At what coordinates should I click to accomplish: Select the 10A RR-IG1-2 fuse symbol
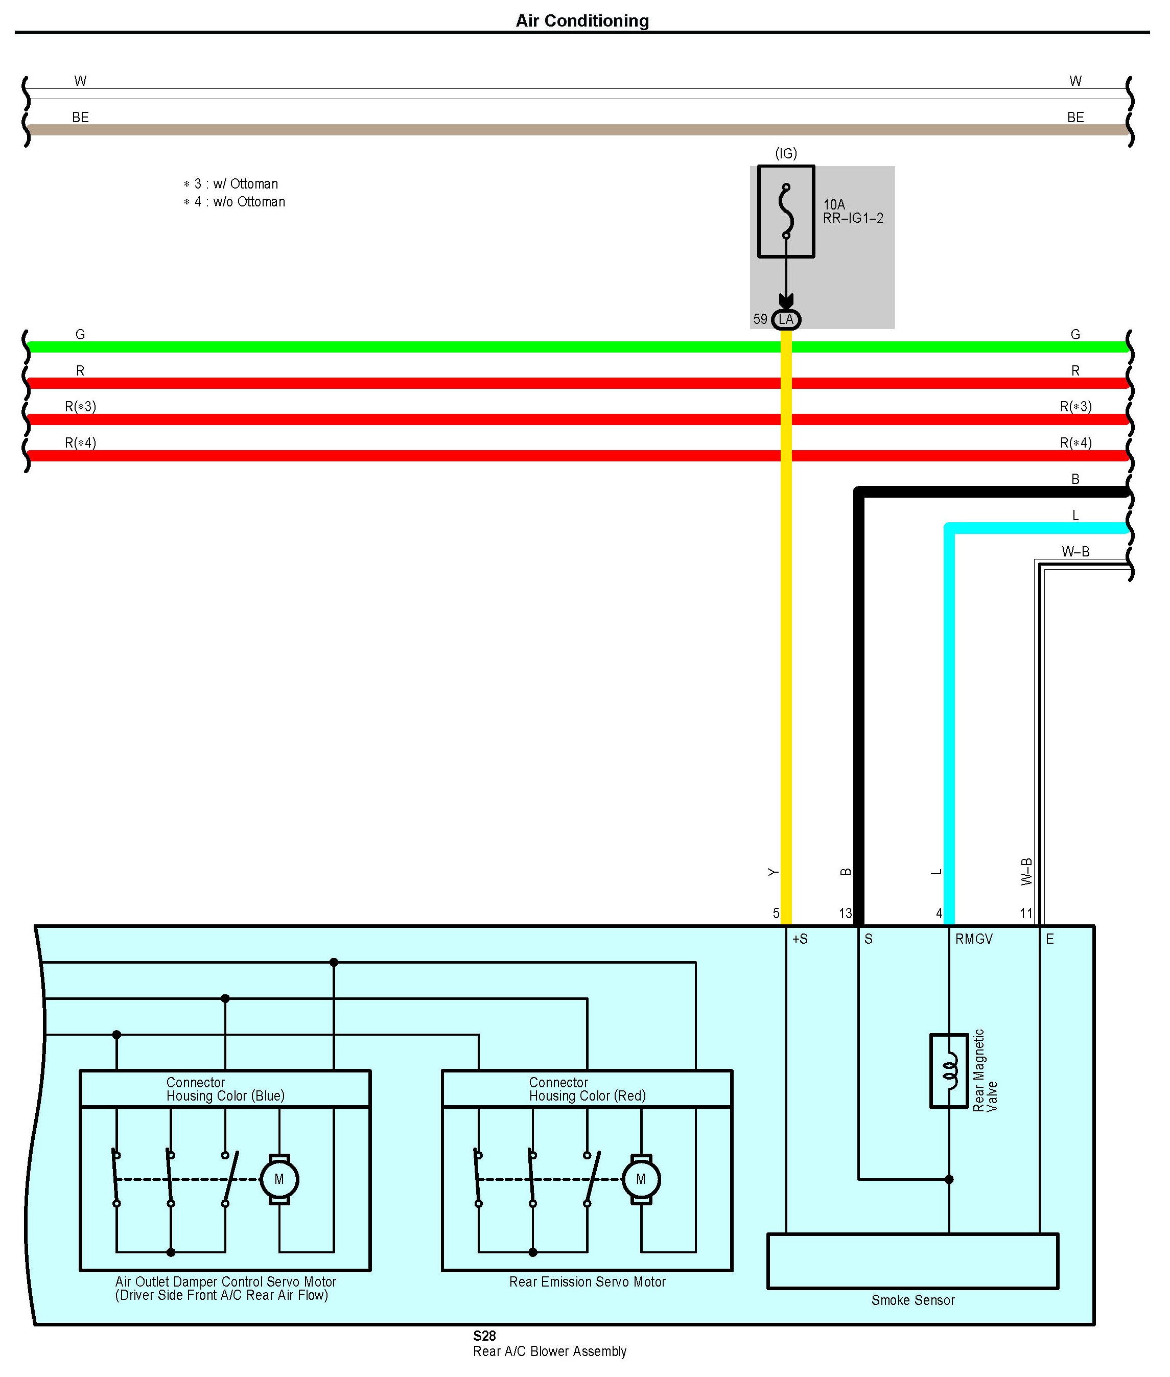[x=785, y=211]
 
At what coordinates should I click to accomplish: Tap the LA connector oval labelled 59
[x=786, y=320]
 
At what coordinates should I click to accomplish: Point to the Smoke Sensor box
[x=912, y=1261]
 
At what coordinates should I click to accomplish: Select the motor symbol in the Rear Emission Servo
[x=640, y=1179]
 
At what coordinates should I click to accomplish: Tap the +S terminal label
[x=800, y=939]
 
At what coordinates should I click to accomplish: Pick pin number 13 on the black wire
[x=845, y=914]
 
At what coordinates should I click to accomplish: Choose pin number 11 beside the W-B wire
[x=1026, y=914]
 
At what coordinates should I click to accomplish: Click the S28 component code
[x=484, y=1335]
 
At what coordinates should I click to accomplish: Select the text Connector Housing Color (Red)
[x=587, y=1088]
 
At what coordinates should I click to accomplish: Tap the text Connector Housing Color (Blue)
[x=225, y=1088]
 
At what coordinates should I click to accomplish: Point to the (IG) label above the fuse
[x=785, y=153]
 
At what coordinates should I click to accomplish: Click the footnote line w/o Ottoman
[x=235, y=202]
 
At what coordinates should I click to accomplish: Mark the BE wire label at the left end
[x=80, y=118]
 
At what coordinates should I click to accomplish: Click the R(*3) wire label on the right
[x=1075, y=406]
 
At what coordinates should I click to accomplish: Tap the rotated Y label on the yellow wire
[x=773, y=872]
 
